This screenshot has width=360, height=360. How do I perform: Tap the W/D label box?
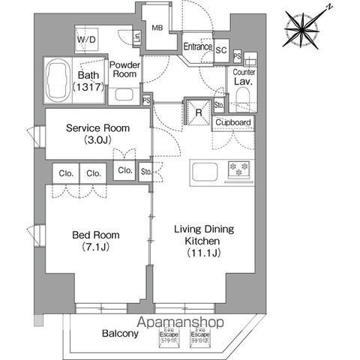pos(84,38)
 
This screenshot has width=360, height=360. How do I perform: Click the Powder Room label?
pos(124,70)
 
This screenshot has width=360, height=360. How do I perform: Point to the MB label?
pos(157,29)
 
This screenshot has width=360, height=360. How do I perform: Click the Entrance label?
pos(198,47)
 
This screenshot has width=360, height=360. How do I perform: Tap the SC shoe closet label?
pos(221,50)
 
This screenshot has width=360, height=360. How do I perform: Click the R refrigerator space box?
pos(197,113)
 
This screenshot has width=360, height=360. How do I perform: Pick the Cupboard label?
pos(233,122)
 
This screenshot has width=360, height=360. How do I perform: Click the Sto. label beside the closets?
pos(145,172)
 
